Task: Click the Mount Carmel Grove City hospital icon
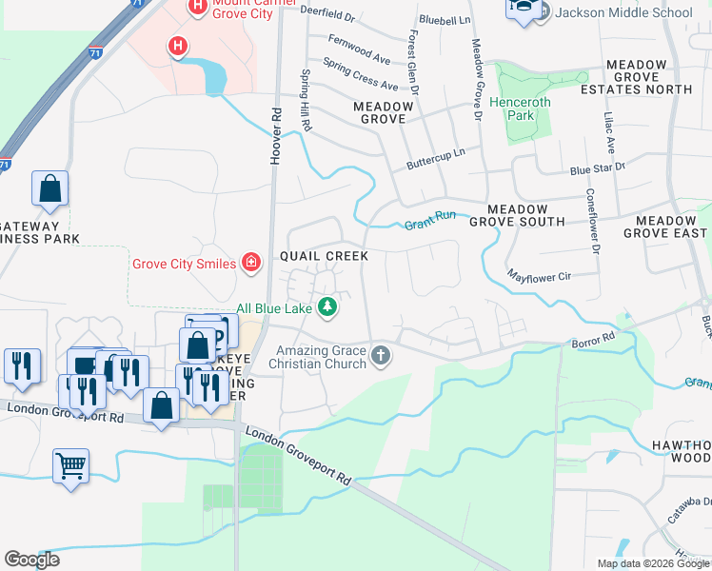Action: pyautogui.click(x=197, y=8)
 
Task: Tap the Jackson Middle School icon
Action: pyautogui.click(x=523, y=10)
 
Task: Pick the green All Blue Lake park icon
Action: pyautogui.click(x=326, y=307)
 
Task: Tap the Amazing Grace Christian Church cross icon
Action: pyautogui.click(x=380, y=356)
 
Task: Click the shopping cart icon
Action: pyautogui.click(x=70, y=466)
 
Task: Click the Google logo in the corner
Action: pyautogui.click(x=32, y=560)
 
